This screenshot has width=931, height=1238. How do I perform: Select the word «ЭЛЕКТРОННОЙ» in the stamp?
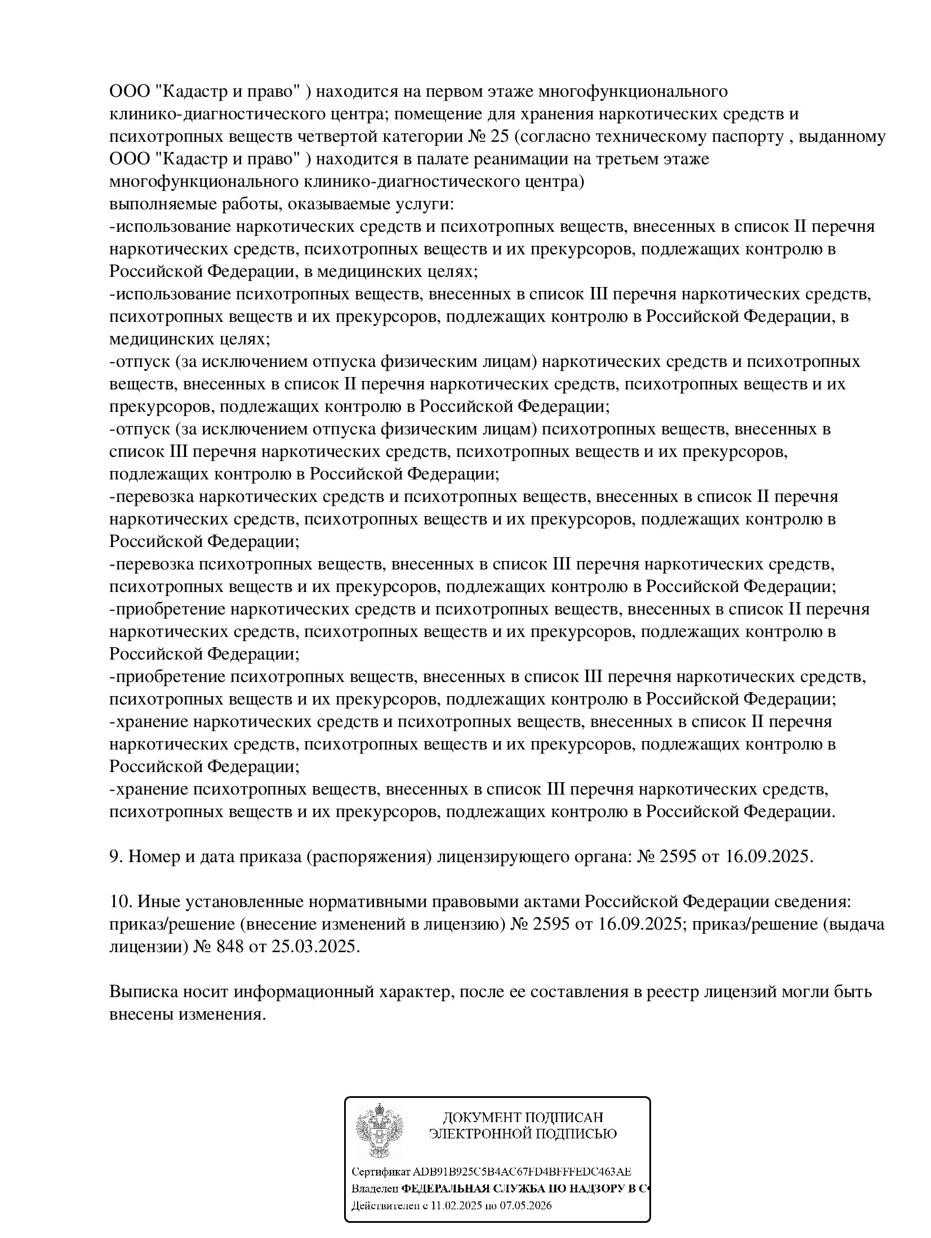(x=482, y=1133)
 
